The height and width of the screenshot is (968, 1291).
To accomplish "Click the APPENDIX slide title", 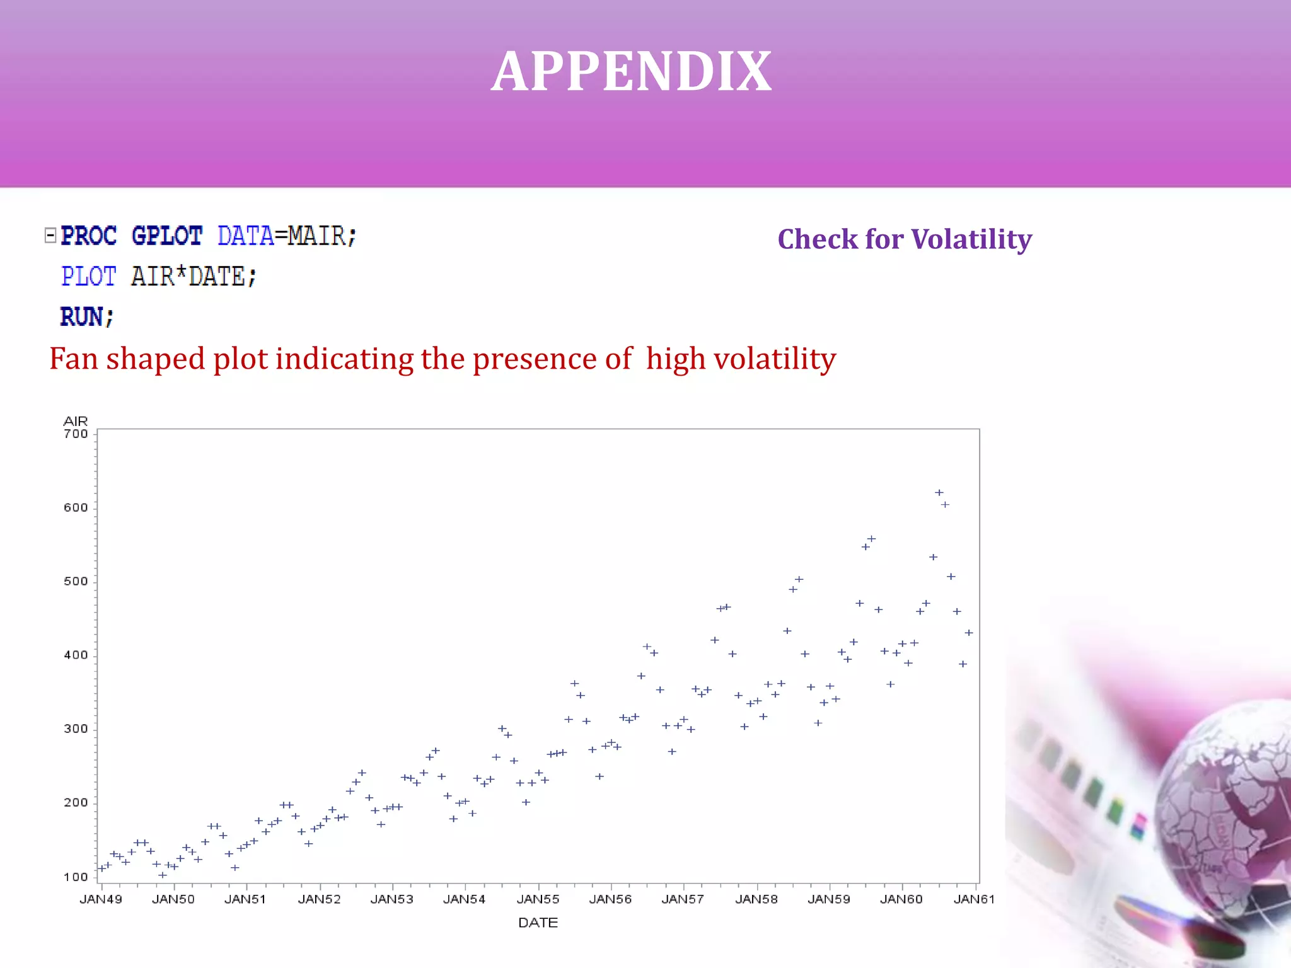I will (631, 71).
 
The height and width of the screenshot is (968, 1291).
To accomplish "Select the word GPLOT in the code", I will (167, 236).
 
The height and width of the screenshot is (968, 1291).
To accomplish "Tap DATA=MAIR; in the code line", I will (287, 236).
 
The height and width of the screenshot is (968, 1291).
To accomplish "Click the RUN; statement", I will (87, 316).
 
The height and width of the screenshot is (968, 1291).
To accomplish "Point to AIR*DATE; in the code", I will (194, 277).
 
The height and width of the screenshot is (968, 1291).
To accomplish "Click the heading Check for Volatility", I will (905, 239).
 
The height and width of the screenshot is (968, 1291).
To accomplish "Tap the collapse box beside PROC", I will (50, 236).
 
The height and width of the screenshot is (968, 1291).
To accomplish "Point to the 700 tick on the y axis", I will (76, 434).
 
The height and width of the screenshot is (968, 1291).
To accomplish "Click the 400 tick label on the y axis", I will (76, 655).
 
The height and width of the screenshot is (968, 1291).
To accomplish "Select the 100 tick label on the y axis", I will (76, 877).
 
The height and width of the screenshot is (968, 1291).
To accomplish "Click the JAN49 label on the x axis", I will (101, 899).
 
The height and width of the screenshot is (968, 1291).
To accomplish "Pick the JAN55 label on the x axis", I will (538, 899).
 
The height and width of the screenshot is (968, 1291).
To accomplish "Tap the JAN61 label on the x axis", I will (974, 899).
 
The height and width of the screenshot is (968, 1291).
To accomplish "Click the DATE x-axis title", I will (538, 923).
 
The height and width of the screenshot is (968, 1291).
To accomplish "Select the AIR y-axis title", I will (76, 421).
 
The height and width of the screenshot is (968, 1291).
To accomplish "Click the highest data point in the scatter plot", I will (939, 493).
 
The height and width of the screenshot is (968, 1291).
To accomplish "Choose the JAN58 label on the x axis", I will (756, 899).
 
